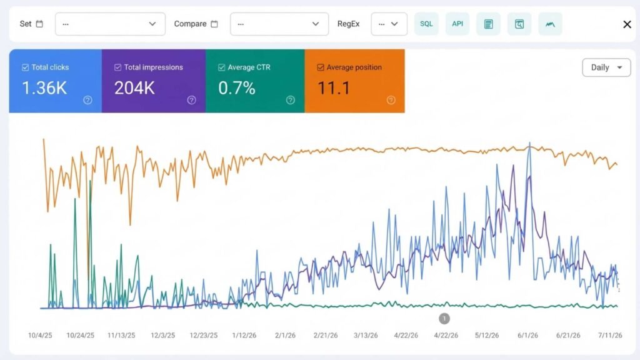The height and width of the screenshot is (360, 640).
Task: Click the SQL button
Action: [426, 24]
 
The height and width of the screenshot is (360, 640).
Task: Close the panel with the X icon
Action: [627, 24]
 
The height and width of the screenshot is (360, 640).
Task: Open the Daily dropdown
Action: [606, 67]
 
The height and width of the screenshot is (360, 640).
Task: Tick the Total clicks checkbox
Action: [25, 67]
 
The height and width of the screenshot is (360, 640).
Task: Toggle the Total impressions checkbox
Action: [118, 67]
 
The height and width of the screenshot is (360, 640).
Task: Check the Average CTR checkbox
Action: [222, 67]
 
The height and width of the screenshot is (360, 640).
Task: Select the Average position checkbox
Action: [321, 67]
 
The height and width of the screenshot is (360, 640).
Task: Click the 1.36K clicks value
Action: [44, 87]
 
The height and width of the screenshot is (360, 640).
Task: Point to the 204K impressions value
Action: [134, 87]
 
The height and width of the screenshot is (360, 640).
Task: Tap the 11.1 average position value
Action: [334, 87]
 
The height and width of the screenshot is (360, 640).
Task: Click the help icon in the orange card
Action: [391, 100]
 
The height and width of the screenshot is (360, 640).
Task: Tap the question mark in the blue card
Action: [87, 100]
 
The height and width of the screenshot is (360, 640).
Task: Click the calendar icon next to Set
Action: [39, 24]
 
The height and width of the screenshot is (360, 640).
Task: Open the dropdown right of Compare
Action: [279, 24]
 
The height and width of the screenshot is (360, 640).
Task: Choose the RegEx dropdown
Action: [389, 24]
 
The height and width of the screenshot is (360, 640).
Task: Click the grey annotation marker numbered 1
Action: [444, 318]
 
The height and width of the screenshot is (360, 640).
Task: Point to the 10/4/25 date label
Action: [40, 335]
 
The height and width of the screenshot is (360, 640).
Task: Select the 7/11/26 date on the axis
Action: [610, 335]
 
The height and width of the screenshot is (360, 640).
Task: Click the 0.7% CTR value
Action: [237, 87]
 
